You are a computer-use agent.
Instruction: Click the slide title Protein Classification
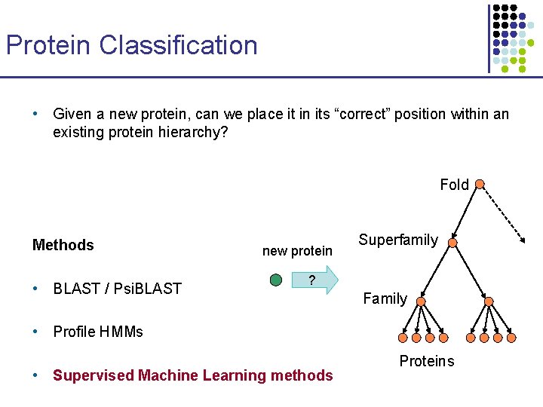tap(132, 45)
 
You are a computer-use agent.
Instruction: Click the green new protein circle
tap(276, 280)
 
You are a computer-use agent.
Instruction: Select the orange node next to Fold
tap(480, 183)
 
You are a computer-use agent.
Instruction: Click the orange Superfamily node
tap(452, 243)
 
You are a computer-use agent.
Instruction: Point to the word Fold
tap(454, 185)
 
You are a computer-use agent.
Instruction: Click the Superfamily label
tap(398, 240)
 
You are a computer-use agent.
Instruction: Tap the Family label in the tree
tap(385, 298)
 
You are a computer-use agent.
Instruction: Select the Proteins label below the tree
tap(427, 361)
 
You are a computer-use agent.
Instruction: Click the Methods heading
tap(63, 245)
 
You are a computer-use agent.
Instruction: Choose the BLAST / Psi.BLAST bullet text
tap(117, 288)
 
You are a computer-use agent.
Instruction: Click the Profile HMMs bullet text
tap(98, 332)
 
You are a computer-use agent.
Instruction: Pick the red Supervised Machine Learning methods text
tap(192, 375)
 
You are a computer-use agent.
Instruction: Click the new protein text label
tap(297, 250)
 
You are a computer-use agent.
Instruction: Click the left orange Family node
tap(421, 302)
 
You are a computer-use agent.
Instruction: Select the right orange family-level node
tap(489, 302)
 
